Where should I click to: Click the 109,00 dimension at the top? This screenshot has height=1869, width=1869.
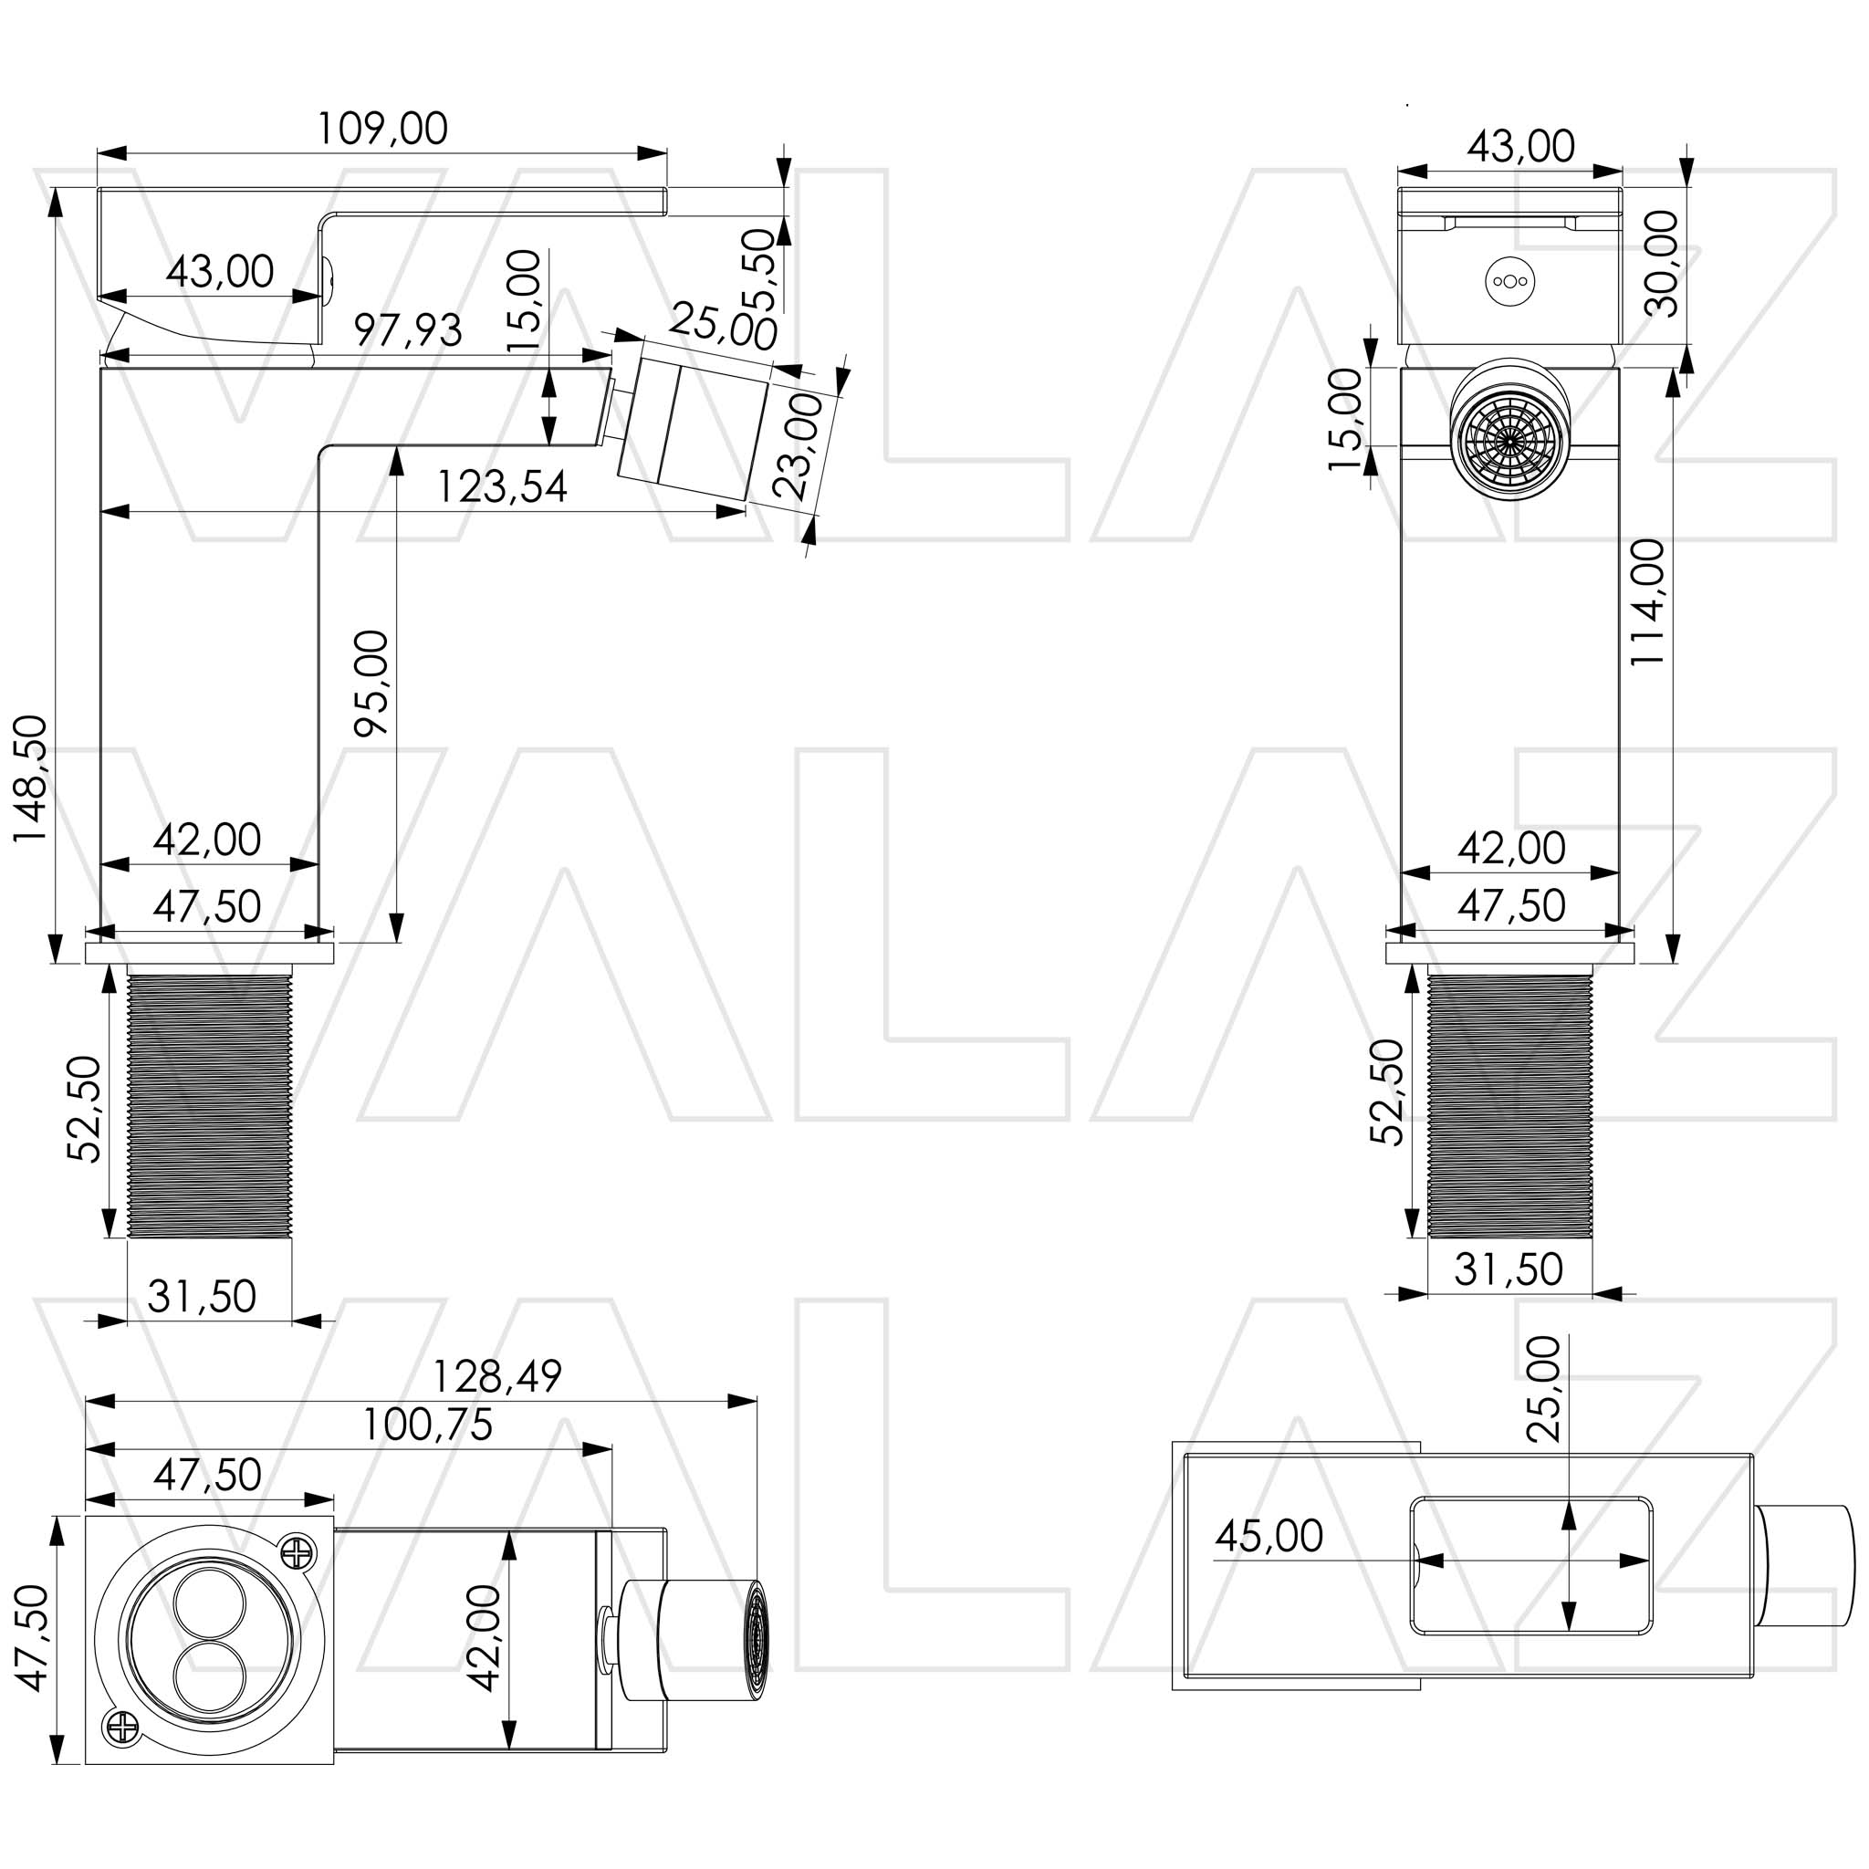(383, 129)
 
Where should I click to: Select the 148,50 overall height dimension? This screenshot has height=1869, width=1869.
(31, 778)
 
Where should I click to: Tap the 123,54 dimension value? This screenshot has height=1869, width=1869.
(501, 486)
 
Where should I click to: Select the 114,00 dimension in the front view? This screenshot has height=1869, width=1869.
(1648, 601)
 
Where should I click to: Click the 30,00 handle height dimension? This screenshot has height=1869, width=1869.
(1663, 263)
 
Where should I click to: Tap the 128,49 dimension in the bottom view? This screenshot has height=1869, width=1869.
(496, 1376)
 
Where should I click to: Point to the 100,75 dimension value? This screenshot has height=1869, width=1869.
(428, 1425)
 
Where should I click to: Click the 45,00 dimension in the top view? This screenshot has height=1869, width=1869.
(1269, 1536)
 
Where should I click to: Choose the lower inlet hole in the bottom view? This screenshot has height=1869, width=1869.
(210, 1677)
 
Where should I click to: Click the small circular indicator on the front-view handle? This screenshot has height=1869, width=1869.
(1509, 281)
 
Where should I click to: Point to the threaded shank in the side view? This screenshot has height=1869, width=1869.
(210, 1106)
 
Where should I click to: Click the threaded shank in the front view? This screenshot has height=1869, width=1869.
(1509, 1106)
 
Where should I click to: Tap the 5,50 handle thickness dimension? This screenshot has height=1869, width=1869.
(763, 269)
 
